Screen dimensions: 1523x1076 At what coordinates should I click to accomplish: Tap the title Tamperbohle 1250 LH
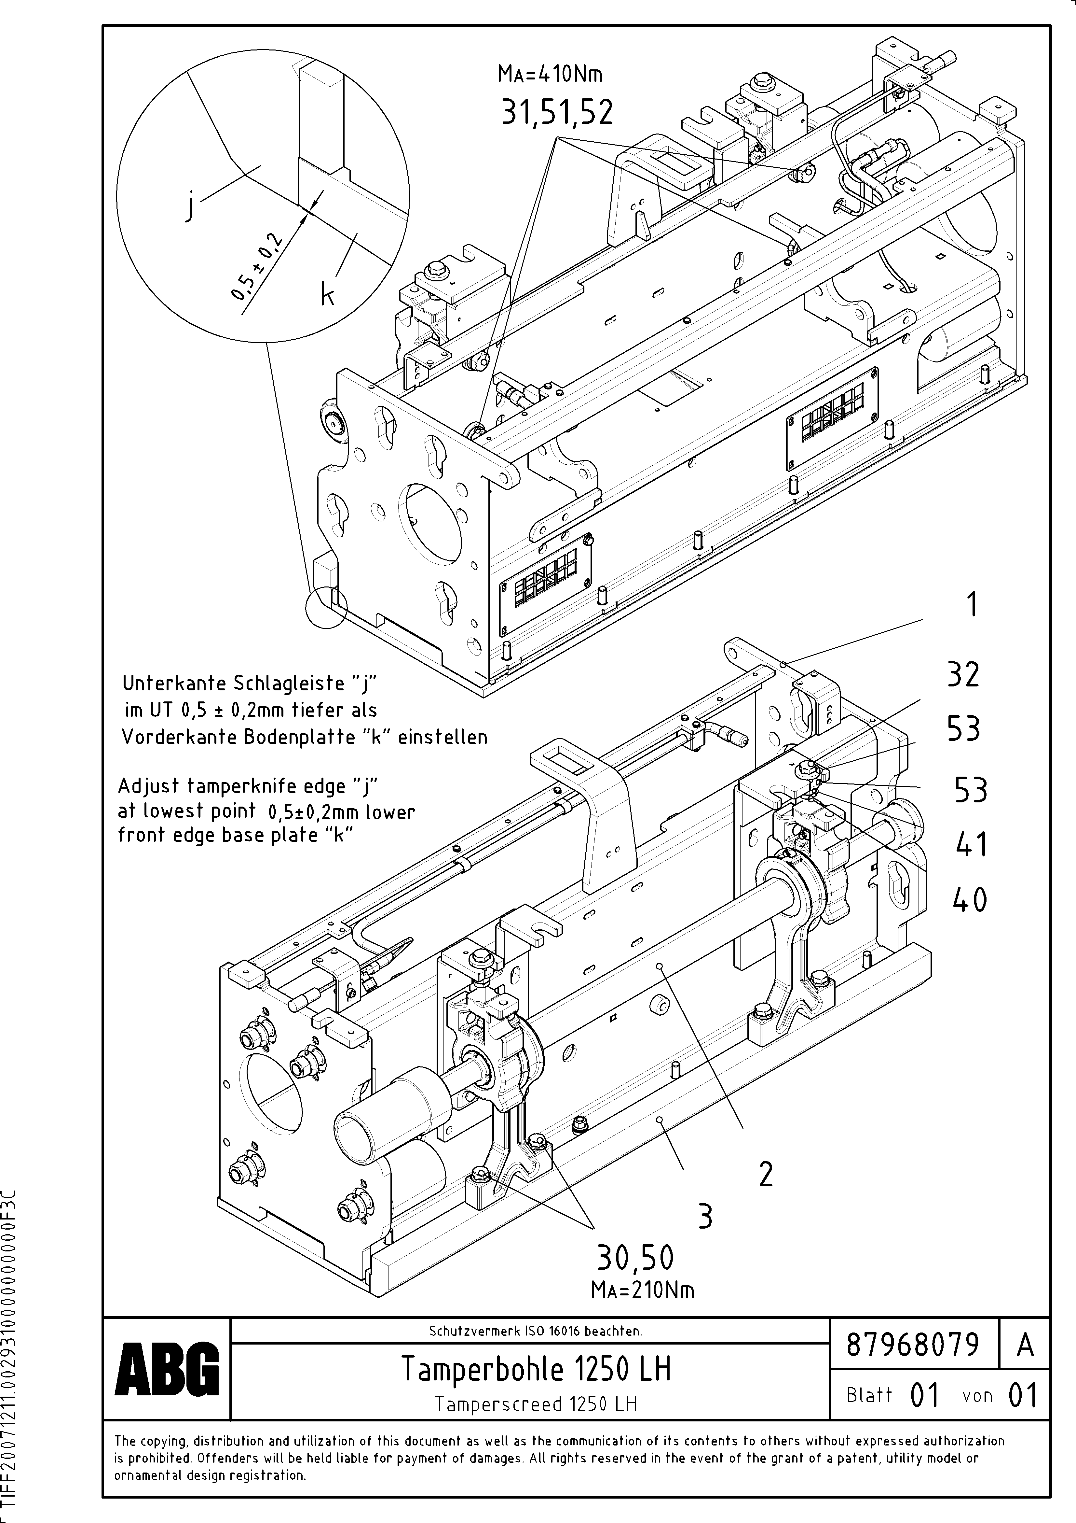(536, 1368)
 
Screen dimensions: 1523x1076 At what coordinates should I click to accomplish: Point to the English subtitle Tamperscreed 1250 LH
(536, 1403)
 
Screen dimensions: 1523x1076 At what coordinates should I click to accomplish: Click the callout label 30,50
(635, 1257)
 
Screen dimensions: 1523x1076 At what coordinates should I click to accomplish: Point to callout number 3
(705, 1216)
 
